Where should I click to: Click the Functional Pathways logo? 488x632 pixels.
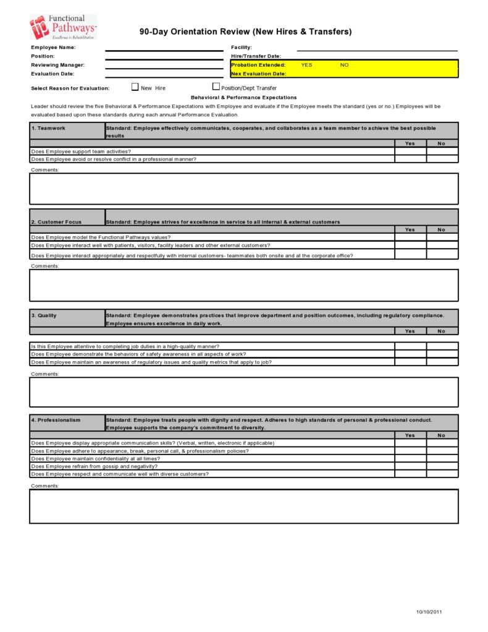pos(63,27)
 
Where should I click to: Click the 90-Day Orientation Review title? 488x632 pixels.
pos(245,32)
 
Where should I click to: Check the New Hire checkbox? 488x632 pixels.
pos(135,87)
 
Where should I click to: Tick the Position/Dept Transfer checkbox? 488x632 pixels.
pos(216,87)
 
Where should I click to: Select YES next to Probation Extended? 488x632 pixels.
pos(306,65)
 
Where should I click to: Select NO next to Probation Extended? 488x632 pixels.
pos(344,65)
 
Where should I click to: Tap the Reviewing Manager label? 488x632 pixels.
pos(58,65)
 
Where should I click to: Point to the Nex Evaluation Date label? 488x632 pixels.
pos(258,74)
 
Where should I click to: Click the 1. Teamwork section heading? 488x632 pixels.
pos(48,128)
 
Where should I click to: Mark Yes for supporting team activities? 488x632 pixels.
pos(410,151)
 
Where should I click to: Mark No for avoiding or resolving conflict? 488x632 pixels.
pos(442,159)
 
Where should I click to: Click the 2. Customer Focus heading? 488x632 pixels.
pos(56,222)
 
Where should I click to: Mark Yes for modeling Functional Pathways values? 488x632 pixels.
pos(410,237)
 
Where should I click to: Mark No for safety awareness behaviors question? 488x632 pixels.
pos(442,354)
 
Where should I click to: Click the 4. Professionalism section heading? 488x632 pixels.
pos(56,420)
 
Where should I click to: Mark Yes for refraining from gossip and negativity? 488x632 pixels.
pos(410,466)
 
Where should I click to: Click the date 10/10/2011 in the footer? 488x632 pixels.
pos(429,612)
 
